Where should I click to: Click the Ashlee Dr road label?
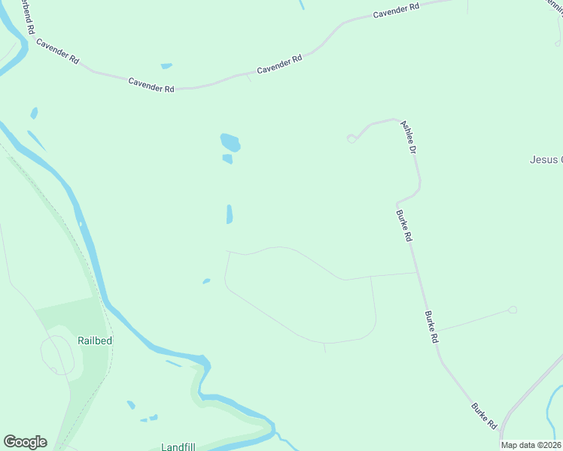coord(409,138)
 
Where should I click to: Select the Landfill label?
coord(178,446)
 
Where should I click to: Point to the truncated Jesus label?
coord(546,159)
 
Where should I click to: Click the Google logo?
coord(25,442)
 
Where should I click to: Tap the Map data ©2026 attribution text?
coord(531,445)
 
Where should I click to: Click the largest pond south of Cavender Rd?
coord(230,141)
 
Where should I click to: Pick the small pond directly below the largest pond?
coord(227,159)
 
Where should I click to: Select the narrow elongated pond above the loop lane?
coord(230,214)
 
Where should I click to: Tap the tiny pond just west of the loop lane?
coord(206,282)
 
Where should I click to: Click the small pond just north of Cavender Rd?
coord(166,66)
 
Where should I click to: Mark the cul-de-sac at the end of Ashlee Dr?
coord(351,138)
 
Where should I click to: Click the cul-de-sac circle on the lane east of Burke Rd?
coord(513,310)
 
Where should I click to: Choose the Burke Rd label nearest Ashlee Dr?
coord(404,225)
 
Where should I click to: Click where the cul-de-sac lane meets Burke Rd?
coord(438,329)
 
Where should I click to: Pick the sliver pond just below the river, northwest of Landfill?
coord(173,364)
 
